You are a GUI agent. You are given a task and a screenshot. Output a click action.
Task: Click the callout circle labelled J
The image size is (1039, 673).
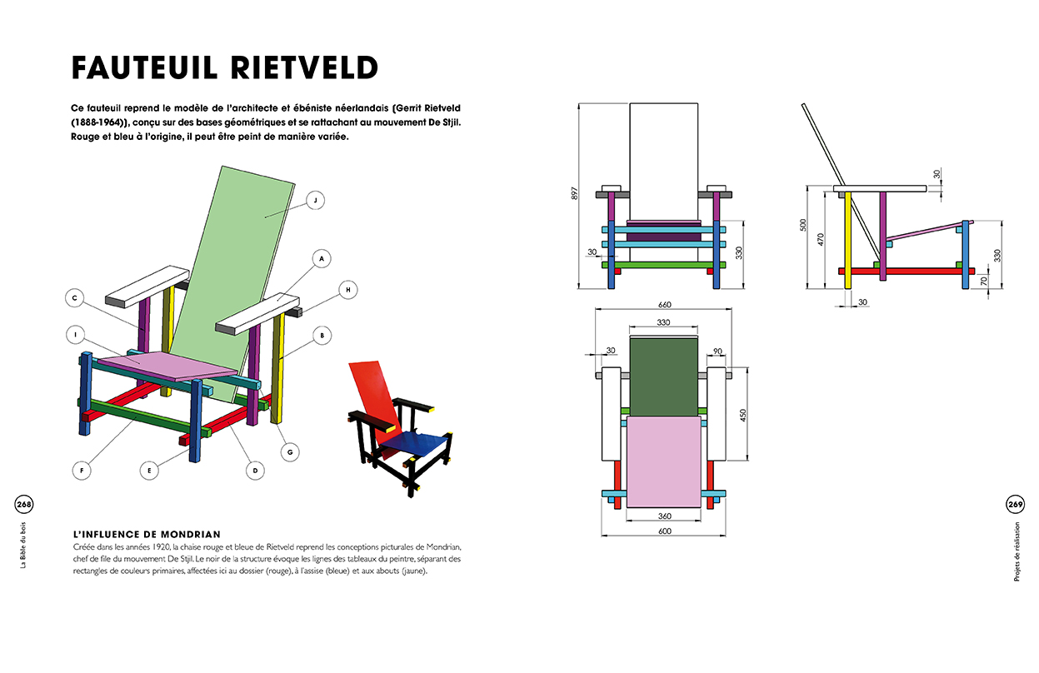click(x=314, y=200)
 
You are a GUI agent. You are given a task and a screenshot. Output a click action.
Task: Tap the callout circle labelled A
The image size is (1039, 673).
click(x=319, y=259)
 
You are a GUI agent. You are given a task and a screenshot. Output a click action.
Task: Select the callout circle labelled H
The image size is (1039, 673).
click(x=349, y=288)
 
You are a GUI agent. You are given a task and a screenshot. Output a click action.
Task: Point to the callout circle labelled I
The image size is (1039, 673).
click(x=76, y=335)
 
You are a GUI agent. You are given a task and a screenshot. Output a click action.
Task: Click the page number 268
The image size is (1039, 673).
click(x=23, y=504)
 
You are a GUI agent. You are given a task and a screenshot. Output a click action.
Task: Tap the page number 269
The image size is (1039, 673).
click(x=1015, y=504)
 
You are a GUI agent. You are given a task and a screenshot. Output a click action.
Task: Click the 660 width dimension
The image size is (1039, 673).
click(x=663, y=304)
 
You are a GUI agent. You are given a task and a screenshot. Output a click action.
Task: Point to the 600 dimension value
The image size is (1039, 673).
click(x=663, y=531)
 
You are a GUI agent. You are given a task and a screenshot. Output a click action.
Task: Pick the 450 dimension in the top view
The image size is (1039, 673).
click(x=744, y=414)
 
